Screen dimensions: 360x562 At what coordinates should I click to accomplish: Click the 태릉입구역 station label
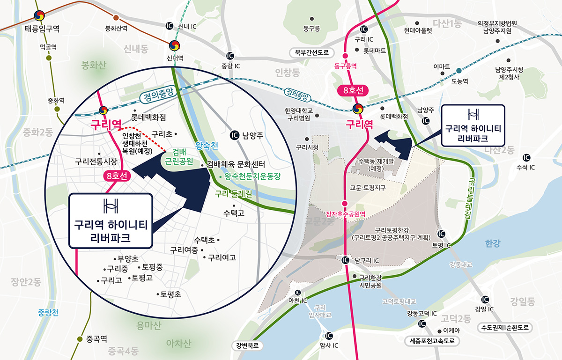pyautogui.click(x=42, y=29)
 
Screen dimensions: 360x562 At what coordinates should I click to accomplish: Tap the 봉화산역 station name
pyautogui.click(x=116, y=28)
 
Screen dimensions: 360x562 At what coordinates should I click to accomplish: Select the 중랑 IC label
pyautogui.click(x=230, y=66)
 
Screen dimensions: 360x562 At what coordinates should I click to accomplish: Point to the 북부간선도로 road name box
pyautogui.click(x=312, y=52)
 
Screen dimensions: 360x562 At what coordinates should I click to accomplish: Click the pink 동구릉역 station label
pyautogui.click(x=346, y=66)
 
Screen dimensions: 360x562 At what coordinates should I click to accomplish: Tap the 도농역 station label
pyautogui.click(x=459, y=81)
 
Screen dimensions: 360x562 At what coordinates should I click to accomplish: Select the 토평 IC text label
pyautogui.click(x=441, y=245)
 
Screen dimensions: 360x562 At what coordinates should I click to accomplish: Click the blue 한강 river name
pyautogui.click(x=493, y=243)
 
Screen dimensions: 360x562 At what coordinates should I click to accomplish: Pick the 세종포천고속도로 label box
pyautogui.click(x=432, y=341)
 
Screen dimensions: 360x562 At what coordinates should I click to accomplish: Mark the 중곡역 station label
pyautogui.click(x=97, y=338)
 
